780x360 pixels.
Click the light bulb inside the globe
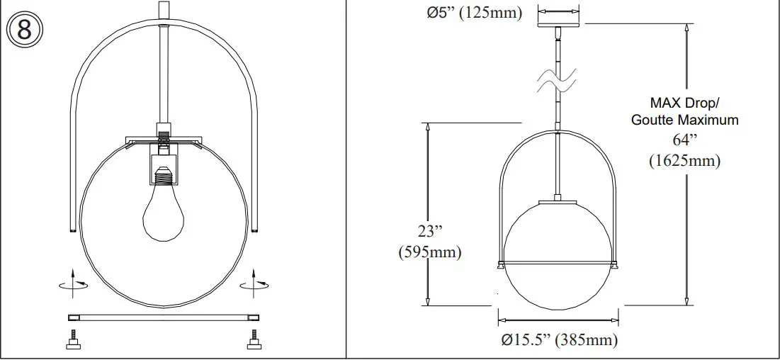164,213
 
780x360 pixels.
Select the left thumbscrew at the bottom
72,342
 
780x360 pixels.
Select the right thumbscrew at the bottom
253,342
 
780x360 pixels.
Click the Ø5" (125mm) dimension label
475,13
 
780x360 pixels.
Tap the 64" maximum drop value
684,140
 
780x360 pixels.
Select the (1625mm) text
684,161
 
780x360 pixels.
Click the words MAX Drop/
684,102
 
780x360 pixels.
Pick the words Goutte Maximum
684,120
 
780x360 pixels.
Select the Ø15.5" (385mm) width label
559,340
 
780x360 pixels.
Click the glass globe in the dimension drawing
559,248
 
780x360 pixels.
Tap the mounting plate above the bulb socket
164,140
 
